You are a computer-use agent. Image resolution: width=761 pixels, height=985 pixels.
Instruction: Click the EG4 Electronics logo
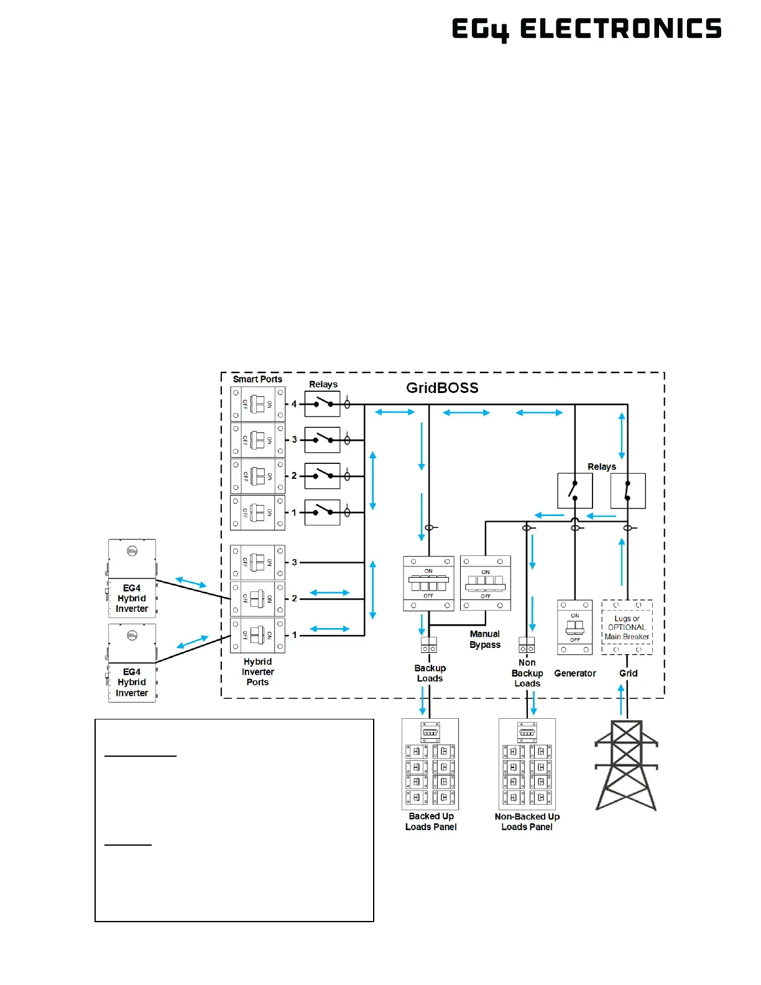pyautogui.click(x=586, y=29)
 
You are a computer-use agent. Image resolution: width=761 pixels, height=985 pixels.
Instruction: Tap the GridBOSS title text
pyautogui.click(x=442, y=388)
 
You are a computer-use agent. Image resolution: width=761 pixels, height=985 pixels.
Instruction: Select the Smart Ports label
pyautogui.click(x=257, y=379)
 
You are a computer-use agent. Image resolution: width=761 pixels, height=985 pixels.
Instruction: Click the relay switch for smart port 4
pyautogui.click(x=322, y=404)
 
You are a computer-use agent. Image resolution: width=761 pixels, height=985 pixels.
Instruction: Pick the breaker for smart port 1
pyautogui.click(x=257, y=513)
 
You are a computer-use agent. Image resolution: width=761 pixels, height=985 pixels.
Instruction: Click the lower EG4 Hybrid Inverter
pyautogui.click(x=132, y=663)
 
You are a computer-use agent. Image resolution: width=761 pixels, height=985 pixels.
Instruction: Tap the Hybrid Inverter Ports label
pyautogui.click(x=257, y=672)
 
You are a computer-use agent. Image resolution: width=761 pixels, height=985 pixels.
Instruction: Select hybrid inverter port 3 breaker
pyautogui.click(x=257, y=563)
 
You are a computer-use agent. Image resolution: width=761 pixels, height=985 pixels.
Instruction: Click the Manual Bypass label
pyautogui.click(x=485, y=639)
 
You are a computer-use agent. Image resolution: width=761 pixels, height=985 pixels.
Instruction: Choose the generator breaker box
pyautogui.click(x=574, y=627)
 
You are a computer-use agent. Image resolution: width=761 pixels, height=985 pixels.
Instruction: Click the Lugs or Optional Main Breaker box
pyautogui.click(x=627, y=627)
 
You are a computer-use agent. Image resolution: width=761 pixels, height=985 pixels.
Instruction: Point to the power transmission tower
pyautogui.click(x=626, y=765)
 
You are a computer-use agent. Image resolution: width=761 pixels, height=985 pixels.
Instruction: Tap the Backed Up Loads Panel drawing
pyautogui.click(x=430, y=764)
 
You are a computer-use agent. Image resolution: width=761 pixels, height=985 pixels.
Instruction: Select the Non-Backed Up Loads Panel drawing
pyautogui.click(x=527, y=764)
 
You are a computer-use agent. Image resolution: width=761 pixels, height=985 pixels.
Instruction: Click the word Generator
pyautogui.click(x=575, y=673)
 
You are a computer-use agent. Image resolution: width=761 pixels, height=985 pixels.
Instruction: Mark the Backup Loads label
pyautogui.click(x=430, y=673)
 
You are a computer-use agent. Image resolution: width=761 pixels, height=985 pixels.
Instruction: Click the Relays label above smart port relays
pyautogui.click(x=323, y=384)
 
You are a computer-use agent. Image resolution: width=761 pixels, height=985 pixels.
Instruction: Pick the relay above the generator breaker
pyautogui.click(x=574, y=491)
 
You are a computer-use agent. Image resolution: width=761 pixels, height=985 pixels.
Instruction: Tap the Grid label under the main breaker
pyautogui.click(x=628, y=673)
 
